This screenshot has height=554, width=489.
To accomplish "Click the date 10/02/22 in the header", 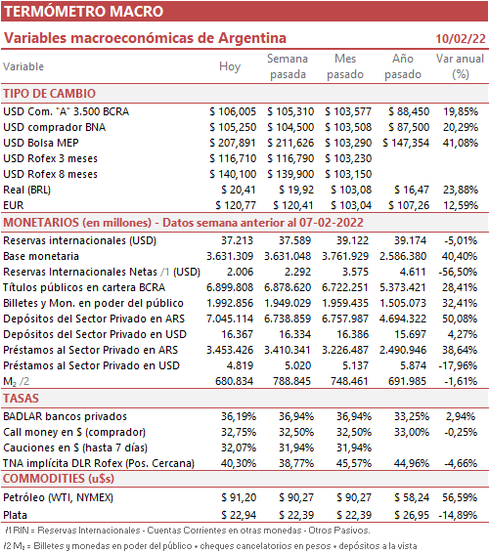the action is tap(461, 38).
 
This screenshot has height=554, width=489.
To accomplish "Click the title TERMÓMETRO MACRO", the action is tap(83, 12).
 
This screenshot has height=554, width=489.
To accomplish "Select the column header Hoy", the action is tap(230, 66).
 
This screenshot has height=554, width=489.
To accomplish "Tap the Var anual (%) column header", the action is tap(460, 66).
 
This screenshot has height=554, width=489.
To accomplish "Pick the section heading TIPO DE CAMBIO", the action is tap(50, 94).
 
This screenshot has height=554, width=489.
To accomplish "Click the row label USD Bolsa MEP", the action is tap(41, 143).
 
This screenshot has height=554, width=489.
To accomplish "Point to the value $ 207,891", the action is tap(233, 143).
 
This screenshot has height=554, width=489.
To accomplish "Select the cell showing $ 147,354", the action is tap(406, 143).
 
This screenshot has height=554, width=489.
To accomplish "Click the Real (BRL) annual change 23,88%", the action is tap(461, 190).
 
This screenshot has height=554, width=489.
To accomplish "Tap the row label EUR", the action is tap(14, 205).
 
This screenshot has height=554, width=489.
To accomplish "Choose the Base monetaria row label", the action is tap(41, 256).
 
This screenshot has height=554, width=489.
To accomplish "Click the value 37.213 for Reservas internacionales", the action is tap(238, 240).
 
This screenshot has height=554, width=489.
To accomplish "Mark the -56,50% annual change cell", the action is tap(458, 272).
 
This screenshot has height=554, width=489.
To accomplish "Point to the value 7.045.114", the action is tap(230, 319).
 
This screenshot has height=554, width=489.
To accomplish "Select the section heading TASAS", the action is tap(21, 399).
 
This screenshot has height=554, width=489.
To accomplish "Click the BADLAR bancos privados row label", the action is tap(66, 416).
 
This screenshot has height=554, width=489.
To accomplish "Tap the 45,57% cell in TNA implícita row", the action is tap(354, 463).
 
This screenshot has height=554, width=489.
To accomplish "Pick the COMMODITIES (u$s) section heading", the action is tap(59, 479).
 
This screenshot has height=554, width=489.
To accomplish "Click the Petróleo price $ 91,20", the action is tap(239, 497).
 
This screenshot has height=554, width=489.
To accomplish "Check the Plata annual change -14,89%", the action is tap(458, 515).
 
